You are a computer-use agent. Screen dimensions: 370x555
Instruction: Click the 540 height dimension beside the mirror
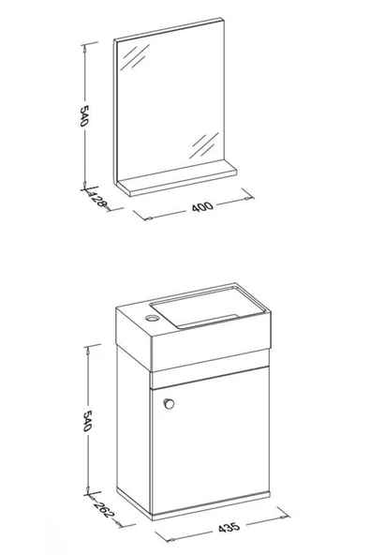[83, 115]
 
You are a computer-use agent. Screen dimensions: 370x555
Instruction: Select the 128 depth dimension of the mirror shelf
[97, 201]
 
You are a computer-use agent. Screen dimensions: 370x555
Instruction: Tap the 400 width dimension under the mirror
[202, 206]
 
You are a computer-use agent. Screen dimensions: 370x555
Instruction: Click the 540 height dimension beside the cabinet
[87, 421]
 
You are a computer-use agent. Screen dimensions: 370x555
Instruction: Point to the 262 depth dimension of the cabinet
[104, 509]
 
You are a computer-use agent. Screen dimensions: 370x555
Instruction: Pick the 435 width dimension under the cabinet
[229, 528]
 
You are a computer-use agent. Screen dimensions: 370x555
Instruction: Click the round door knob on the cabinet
[170, 403]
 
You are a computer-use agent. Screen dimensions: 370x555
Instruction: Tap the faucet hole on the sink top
[152, 318]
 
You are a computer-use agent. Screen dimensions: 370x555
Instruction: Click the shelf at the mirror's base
[177, 178]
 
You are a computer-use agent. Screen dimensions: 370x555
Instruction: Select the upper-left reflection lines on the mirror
[135, 56]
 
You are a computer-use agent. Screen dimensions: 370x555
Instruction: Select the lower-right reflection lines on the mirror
[204, 145]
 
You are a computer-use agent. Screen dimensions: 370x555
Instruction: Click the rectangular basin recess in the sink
[208, 307]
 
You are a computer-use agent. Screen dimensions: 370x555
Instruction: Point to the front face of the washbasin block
[211, 342]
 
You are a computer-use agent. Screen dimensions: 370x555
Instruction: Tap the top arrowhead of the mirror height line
[84, 49]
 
